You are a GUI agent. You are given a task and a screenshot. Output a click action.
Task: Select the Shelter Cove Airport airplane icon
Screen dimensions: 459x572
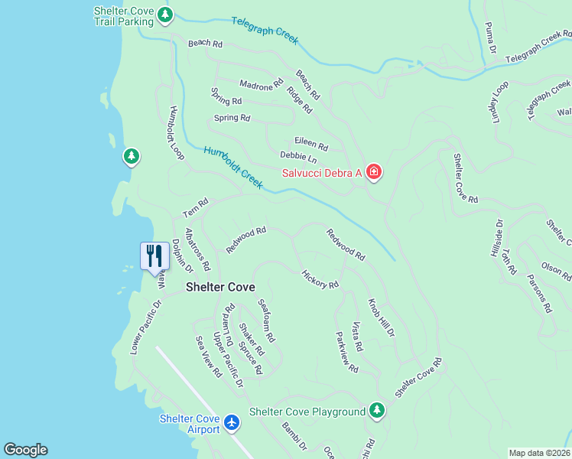point(233,421)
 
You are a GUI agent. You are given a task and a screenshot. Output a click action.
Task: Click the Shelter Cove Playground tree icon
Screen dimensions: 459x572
point(376,412)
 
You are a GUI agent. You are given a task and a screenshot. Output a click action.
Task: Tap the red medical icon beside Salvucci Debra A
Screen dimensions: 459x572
point(373,172)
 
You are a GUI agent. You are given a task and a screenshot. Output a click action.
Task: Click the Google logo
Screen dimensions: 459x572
point(25,450)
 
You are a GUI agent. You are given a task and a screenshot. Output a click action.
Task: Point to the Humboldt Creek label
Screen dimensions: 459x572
point(233,168)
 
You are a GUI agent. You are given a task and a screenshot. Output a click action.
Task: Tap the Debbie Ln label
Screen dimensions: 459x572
point(299,158)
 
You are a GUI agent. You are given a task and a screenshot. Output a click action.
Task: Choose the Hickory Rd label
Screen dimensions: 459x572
point(320,279)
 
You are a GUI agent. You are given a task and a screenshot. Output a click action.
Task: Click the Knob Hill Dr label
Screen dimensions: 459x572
point(381,317)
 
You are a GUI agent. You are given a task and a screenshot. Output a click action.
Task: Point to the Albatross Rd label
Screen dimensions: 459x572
point(197,249)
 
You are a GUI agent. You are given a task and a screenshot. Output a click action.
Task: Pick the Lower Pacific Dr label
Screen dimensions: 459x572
point(146,327)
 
